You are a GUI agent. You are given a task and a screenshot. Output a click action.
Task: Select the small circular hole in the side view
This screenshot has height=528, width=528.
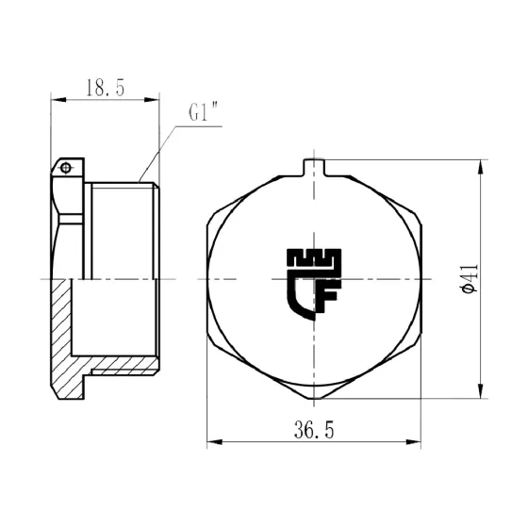[65, 168]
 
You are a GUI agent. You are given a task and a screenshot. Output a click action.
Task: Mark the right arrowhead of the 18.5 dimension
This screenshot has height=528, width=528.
[153, 99]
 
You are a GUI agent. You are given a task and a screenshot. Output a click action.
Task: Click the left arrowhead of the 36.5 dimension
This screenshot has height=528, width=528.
[212, 441]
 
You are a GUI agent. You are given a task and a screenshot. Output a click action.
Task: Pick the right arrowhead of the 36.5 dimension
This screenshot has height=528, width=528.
[418, 441]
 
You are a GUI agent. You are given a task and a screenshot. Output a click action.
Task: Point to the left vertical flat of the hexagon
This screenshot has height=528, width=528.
[207, 280]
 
